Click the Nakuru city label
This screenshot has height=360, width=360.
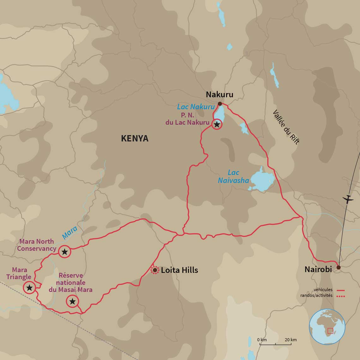tap(219, 94)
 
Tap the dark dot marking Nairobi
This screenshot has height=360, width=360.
tap(339, 267)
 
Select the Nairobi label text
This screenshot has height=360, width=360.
tap(318, 269)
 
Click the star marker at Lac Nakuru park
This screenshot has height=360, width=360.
tap(217, 124)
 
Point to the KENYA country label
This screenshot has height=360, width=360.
tap(135, 138)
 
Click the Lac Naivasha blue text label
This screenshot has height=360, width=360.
tap(233, 177)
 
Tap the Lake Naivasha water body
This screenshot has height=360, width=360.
tap(262, 181)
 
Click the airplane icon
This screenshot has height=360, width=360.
tap(348, 199)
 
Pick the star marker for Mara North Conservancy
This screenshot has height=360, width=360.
tap(64, 252)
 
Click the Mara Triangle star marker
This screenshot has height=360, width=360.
tap(29, 288)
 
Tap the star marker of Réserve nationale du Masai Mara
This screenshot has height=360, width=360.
tap(72, 301)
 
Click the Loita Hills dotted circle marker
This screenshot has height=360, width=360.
tap(155, 270)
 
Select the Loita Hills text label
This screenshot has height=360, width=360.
tap(179, 270)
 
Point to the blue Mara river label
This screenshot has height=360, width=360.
tap(69, 232)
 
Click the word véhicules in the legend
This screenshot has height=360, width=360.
tap(323, 290)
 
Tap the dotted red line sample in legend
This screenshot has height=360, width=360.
tap(341, 296)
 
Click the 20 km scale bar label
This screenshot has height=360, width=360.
tap(291, 340)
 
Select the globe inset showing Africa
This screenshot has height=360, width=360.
tap(327, 327)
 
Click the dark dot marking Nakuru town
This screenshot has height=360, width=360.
tap(220, 104)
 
